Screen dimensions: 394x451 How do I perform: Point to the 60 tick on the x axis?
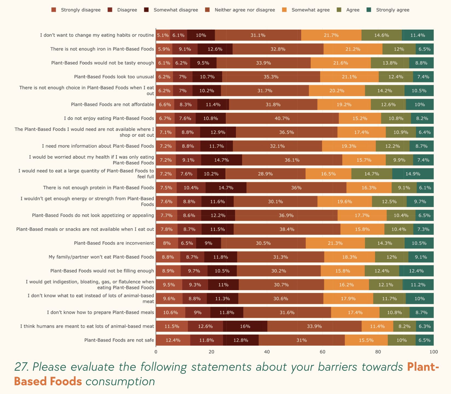coord(322,352)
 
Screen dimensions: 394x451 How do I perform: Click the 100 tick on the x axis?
coord(433,352)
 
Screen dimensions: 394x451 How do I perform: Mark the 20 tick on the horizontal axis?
coord(211,352)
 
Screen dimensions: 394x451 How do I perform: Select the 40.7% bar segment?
coord(282,118)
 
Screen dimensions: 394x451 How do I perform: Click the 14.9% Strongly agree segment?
coord(413,174)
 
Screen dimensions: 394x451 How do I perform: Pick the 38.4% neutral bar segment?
coord(287,229)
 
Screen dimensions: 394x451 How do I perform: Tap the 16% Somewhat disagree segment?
coord(245,326)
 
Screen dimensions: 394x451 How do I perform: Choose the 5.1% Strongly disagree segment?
coord(163,35)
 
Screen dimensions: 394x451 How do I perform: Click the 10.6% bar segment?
coord(170,312)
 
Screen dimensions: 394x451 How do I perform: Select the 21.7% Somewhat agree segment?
coord(331,35)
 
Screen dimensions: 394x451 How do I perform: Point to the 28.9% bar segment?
coord(265,174)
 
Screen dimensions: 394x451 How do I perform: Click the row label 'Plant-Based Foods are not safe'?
coord(119,340)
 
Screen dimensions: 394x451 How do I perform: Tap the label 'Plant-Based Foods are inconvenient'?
coord(114,243)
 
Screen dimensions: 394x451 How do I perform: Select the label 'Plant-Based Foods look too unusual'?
coord(114,77)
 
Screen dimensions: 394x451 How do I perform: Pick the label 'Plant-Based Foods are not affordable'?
coord(112,104)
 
